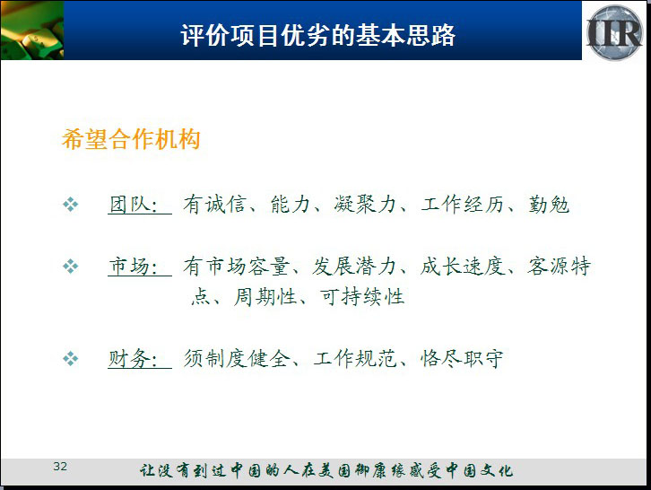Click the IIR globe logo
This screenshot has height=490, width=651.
pos(614,32)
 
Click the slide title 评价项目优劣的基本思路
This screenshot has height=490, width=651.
pos(318,35)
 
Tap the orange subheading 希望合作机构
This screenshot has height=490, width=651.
pos(131,139)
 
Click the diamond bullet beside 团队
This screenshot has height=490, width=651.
pos(71,205)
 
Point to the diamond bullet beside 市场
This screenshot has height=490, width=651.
pos(71,267)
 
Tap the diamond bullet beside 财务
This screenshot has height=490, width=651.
pos(71,359)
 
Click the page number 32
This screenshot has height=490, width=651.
pos(60,467)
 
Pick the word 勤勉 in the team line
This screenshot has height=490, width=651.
pos(549,205)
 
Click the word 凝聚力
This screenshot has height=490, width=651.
pos(365,205)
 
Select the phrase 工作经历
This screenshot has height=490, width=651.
pos(462,205)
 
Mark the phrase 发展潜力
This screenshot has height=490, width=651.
pos(353,266)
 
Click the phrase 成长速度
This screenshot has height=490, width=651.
pos(463,266)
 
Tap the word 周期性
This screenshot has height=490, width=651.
pos(265,297)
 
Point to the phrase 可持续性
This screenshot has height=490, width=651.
pos(362,297)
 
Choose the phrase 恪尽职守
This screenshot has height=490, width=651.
pos(462,359)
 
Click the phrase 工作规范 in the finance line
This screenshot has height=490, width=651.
pos(355,359)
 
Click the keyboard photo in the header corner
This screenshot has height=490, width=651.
pos(32,31)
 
